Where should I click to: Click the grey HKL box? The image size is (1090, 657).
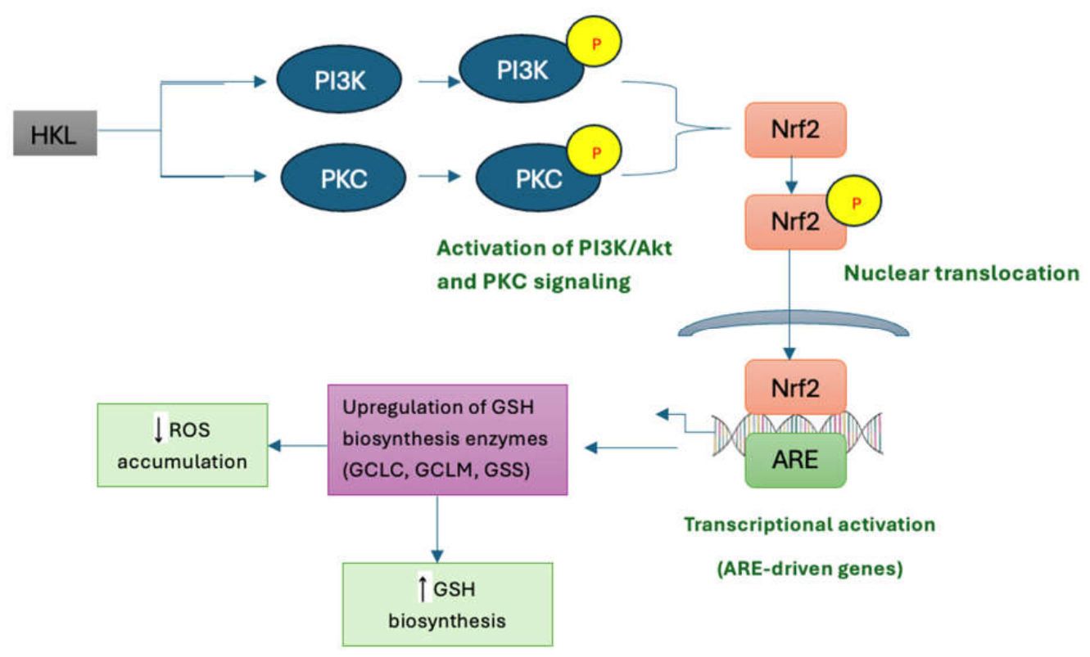[55, 133]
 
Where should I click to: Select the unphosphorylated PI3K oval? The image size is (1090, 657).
[339, 79]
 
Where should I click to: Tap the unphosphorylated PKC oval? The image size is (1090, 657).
[343, 178]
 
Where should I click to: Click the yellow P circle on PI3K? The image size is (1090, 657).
[595, 42]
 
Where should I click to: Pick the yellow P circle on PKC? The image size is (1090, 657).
[595, 151]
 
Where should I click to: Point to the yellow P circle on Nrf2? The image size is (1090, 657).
[854, 200]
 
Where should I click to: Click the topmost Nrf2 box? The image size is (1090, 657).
[796, 130]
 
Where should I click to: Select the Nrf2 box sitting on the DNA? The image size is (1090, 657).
[796, 387]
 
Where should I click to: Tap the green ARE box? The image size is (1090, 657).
[796, 460]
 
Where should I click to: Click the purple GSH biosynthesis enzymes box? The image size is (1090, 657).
[448, 439]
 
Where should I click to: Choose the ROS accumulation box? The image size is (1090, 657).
[183, 445]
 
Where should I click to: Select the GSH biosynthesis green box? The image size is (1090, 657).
[448, 605]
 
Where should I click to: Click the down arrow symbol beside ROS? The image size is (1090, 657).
[158, 429]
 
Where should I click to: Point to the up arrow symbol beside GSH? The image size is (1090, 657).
[423, 588]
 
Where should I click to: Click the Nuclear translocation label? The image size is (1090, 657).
[961, 273]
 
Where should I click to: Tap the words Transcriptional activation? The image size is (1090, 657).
[810, 524]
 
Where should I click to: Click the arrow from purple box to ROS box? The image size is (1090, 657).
[298, 445]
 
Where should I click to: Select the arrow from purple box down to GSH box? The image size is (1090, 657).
[437, 529]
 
